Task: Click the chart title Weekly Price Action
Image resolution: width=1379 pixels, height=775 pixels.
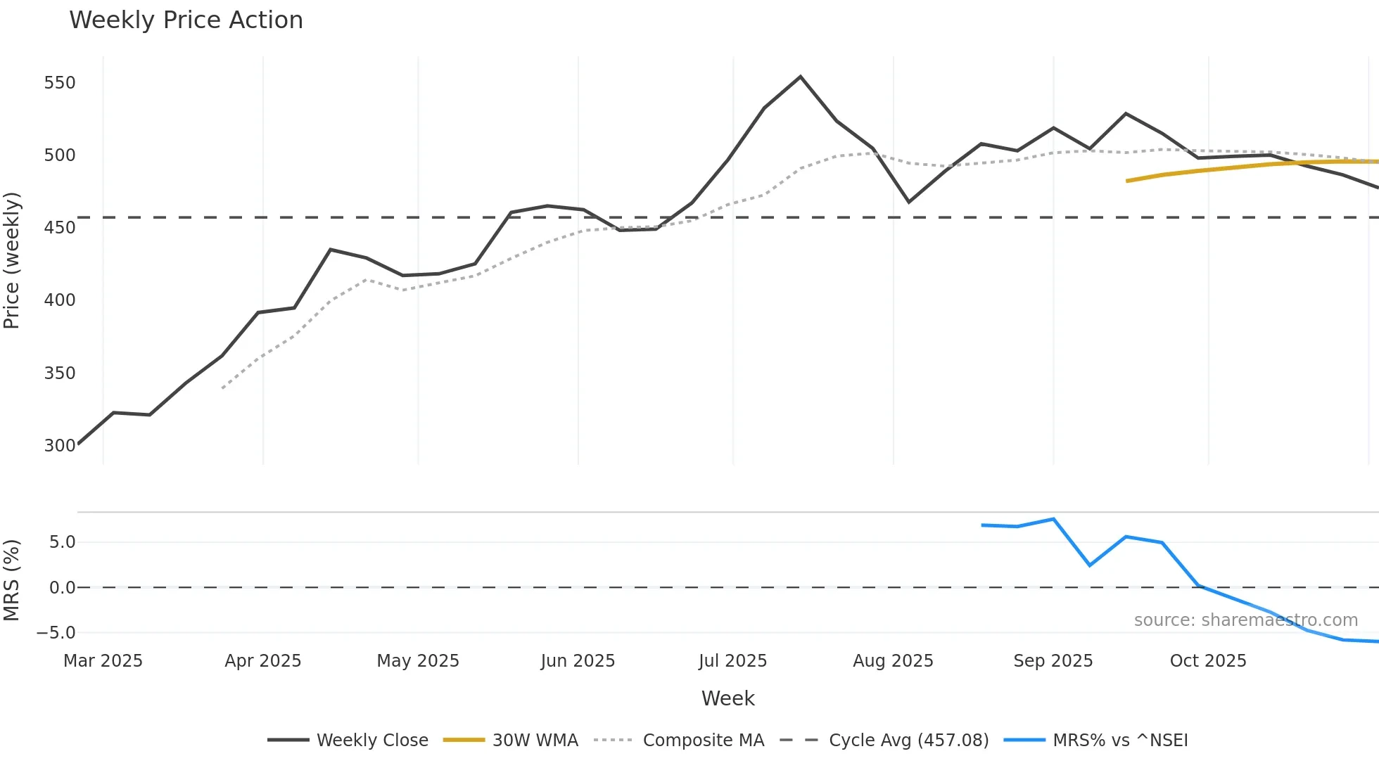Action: click(x=186, y=20)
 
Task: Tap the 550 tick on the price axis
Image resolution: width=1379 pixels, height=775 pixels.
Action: click(x=60, y=83)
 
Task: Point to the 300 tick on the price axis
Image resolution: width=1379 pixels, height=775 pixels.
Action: click(x=60, y=445)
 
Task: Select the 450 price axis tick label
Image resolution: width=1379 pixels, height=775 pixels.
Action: click(x=60, y=228)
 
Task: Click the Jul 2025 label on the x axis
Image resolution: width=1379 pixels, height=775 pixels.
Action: click(x=732, y=661)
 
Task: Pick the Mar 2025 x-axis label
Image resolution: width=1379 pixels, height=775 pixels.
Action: click(x=103, y=661)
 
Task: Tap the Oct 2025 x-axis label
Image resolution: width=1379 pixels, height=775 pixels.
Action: click(x=1207, y=661)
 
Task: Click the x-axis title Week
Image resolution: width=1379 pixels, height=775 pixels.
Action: click(x=727, y=698)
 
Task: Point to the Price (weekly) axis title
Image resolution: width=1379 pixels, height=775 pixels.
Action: click(x=12, y=260)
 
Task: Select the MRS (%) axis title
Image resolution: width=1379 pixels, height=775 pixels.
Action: click(x=12, y=580)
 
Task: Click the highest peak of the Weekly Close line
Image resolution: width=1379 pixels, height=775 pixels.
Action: click(x=800, y=77)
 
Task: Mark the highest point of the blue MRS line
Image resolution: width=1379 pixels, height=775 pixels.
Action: click(x=1053, y=519)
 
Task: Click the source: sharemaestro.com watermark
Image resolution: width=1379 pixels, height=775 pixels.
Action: click(x=1245, y=620)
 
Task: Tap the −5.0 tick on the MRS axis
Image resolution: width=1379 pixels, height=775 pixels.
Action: click(x=56, y=633)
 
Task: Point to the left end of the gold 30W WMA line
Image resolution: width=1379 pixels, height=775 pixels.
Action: click(x=1127, y=181)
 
